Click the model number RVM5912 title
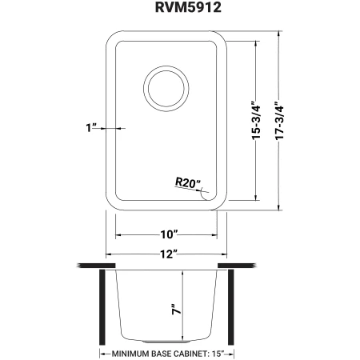pos(188,7)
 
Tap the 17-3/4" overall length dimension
pos(279,121)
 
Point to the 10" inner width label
pos(169,234)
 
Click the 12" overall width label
pos(169,254)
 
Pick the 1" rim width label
pos(90,128)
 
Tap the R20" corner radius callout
pos(188,183)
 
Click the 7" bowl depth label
pos(176,309)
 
